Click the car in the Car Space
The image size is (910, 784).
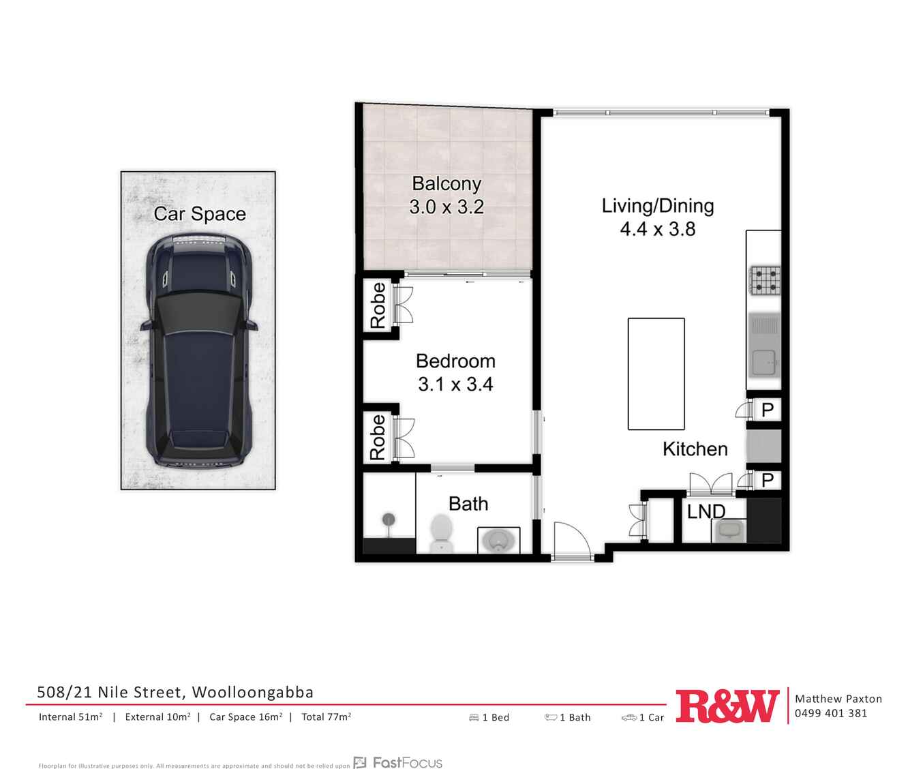[x=199, y=350]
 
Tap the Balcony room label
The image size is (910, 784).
[x=446, y=183]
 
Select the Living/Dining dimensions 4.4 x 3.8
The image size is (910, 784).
[x=658, y=229]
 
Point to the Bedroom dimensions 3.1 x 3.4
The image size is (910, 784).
[x=455, y=385]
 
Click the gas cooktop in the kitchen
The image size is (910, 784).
[x=765, y=280]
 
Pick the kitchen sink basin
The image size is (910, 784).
[x=764, y=362]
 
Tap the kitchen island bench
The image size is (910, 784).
[x=656, y=374]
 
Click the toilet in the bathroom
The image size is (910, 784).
[x=442, y=533]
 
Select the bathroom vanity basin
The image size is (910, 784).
[x=498, y=541]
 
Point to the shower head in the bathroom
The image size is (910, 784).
[x=389, y=519]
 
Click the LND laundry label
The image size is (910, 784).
[x=706, y=511]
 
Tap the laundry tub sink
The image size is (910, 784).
[x=729, y=530]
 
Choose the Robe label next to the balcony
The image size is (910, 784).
[x=378, y=305]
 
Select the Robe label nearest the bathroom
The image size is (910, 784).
[x=378, y=437]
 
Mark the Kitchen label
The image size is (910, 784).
[x=695, y=449]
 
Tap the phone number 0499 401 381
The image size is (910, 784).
[x=831, y=713]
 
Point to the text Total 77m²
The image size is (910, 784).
[x=327, y=717]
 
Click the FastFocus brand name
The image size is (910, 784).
[x=407, y=762]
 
